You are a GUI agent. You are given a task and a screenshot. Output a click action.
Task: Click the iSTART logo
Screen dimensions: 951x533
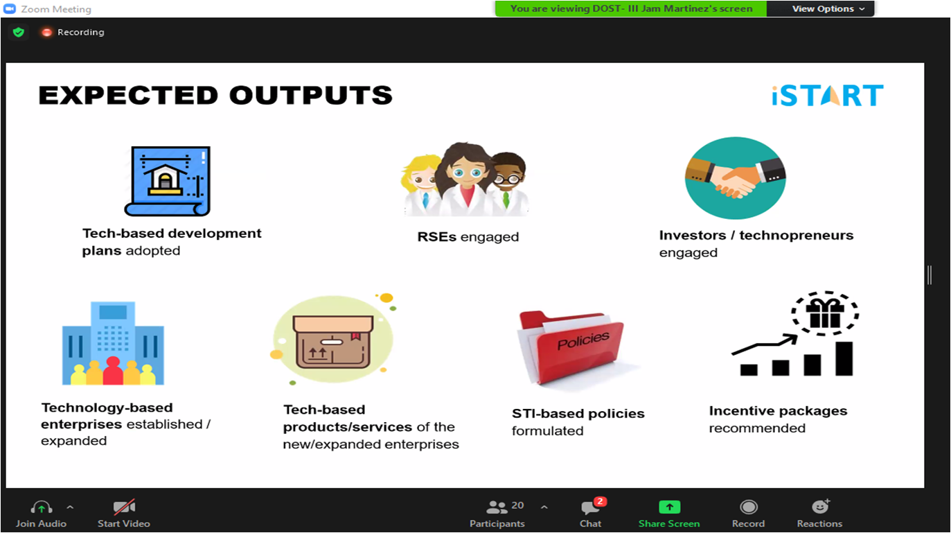828,95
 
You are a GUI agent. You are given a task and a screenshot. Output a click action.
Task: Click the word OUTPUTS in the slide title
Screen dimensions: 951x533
311,95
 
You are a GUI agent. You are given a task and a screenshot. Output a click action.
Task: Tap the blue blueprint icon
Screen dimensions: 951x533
168,182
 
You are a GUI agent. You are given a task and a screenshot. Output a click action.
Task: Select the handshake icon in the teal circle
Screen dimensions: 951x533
736,178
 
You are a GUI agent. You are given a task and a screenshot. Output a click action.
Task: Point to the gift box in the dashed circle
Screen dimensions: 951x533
825,314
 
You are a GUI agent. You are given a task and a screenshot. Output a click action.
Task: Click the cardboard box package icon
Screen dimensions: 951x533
333,341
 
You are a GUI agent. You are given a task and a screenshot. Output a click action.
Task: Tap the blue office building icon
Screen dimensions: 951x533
113,343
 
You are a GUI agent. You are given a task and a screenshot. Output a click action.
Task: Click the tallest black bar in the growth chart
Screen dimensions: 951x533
844,359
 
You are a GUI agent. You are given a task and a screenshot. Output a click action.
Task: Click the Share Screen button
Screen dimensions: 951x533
669,514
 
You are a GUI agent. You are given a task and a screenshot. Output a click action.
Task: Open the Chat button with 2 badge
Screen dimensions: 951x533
591,514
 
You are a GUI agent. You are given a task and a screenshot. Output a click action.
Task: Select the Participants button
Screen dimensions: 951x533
497,514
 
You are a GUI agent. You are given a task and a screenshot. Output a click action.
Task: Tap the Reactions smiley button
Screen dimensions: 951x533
820,514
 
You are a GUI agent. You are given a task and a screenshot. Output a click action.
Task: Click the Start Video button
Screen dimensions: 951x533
124,514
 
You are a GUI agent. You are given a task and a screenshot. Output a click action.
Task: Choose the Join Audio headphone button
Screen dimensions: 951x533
41,514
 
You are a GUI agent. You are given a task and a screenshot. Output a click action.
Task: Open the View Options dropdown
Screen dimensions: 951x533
828,9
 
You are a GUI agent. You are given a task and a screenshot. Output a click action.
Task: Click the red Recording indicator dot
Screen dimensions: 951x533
46,33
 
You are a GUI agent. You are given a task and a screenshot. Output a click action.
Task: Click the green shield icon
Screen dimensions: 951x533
18,33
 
